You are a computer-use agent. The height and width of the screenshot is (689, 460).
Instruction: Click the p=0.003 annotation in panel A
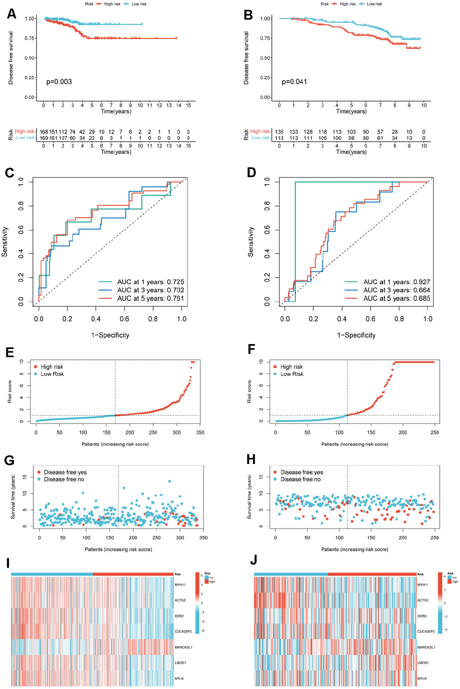(x=59, y=82)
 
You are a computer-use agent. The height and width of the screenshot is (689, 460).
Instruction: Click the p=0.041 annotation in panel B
(x=294, y=82)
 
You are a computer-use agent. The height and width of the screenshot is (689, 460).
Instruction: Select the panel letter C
(x=9, y=173)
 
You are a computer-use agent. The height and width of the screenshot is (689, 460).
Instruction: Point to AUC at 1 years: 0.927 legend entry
(x=396, y=282)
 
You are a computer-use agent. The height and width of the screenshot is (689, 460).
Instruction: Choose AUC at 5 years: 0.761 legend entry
(x=150, y=298)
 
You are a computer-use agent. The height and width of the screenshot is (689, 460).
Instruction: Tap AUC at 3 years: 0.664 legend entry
(x=396, y=290)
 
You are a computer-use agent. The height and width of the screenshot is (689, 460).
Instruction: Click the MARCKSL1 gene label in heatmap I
(x=184, y=647)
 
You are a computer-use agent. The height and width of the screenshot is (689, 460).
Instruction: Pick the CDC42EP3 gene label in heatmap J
(x=426, y=631)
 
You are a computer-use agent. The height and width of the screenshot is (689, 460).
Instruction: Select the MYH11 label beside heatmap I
(x=180, y=584)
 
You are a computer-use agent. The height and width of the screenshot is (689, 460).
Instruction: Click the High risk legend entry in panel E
(x=52, y=367)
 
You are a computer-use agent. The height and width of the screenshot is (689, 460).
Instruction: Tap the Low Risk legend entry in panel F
(x=292, y=374)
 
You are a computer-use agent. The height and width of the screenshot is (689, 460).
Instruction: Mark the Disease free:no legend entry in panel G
(x=64, y=479)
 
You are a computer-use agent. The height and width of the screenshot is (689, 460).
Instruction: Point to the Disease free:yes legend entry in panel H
(x=301, y=472)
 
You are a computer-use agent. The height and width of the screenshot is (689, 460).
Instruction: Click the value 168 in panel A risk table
(x=44, y=132)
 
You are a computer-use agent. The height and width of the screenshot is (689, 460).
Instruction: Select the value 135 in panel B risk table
(x=280, y=132)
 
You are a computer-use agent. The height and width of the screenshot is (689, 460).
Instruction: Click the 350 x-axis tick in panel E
(x=200, y=432)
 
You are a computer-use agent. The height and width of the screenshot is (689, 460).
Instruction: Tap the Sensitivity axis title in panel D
(x=251, y=242)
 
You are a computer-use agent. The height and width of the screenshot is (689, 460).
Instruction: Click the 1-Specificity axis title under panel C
(x=110, y=335)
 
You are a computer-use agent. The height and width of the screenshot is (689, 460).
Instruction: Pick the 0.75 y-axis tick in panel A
(x=30, y=38)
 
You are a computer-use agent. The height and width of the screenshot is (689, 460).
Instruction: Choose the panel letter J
(x=254, y=560)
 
